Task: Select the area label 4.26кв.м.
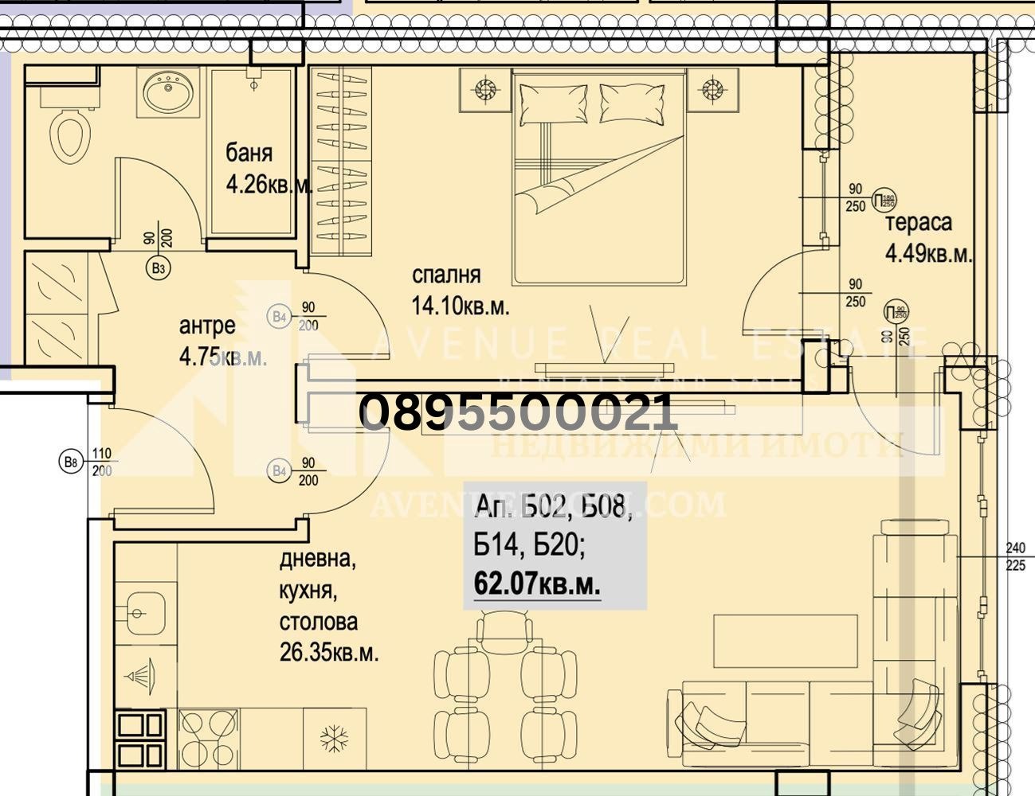[269, 185]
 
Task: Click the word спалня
[446, 275]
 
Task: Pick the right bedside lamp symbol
[712, 89]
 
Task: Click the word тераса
[919, 222]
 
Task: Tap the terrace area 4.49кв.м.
[929, 254]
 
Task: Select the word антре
[207, 326]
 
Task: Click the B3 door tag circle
[159, 269]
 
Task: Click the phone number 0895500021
[519, 413]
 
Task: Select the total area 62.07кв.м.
[537, 584]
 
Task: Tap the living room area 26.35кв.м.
[329, 654]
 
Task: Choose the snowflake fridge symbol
[331, 739]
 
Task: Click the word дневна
[317, 560]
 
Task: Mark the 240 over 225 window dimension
[1015, 556]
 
